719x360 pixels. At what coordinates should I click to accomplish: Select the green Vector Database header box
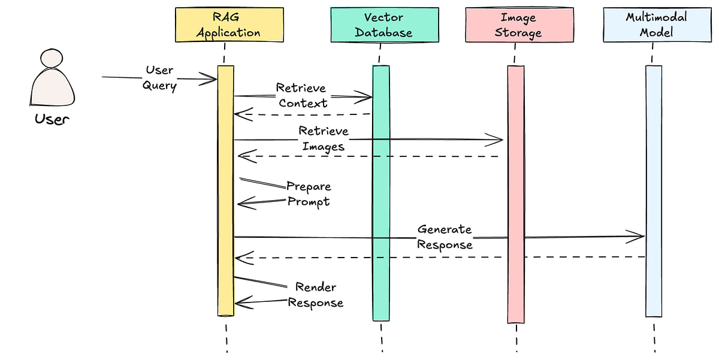tap(383, 25)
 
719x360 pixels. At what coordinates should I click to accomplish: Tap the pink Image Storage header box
tap(519, 25)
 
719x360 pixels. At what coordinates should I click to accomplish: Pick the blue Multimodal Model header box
tap(656, 25)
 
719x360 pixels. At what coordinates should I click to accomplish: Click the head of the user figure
tap(52, 58)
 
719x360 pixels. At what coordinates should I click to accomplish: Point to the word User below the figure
tap(52, 119)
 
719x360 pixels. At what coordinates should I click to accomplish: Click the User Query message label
tap(159, 78)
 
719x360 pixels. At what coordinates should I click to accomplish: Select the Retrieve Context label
tap(303, 95)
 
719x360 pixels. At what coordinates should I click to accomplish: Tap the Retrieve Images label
tap(324, 139)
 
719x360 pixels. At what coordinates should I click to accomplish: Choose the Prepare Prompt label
tap(309, 193)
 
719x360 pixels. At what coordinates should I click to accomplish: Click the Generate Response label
tap(445, 237)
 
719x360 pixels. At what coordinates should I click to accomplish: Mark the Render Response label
tap(316, 295)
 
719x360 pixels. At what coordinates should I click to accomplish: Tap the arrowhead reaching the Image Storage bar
tap(498, 141)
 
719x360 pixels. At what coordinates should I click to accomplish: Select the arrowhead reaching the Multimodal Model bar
tap(638, 236)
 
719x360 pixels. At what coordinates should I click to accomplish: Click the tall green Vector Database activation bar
tap(381, 198)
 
